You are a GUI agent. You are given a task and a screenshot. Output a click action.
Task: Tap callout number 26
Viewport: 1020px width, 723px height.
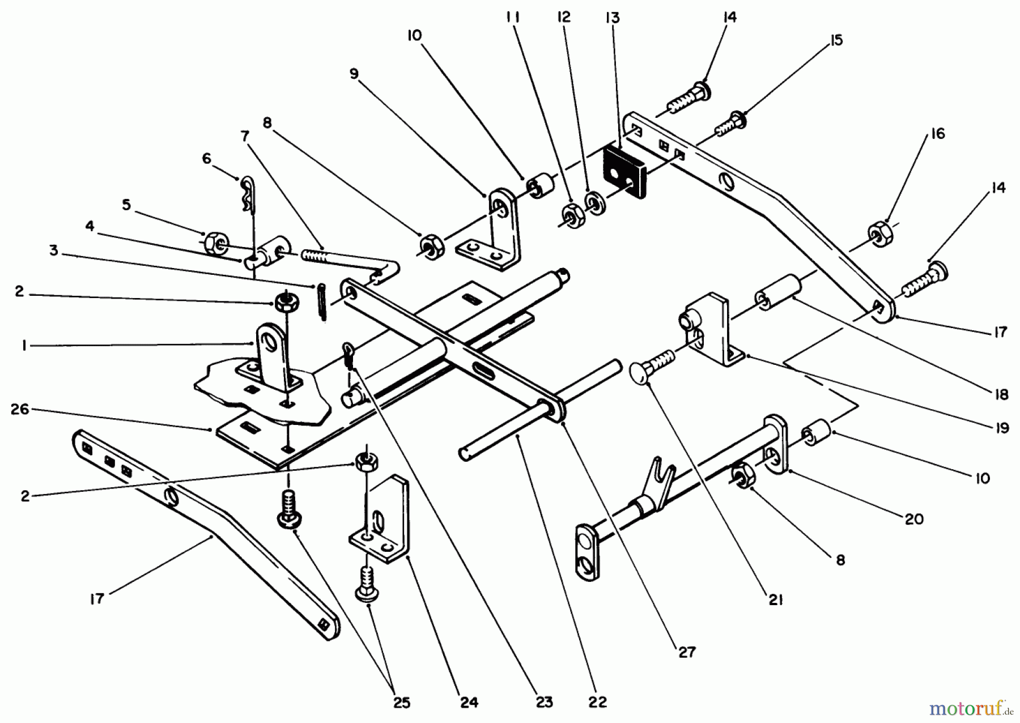(20, 409)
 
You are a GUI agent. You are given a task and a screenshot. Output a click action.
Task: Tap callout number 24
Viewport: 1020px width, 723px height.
(469, 703)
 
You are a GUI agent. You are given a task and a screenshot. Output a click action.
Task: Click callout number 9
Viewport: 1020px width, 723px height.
(354, 74)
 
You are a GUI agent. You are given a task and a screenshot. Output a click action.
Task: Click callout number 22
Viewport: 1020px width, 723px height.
(597, 703)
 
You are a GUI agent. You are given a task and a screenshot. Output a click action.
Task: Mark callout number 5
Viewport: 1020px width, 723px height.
(126, 205)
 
